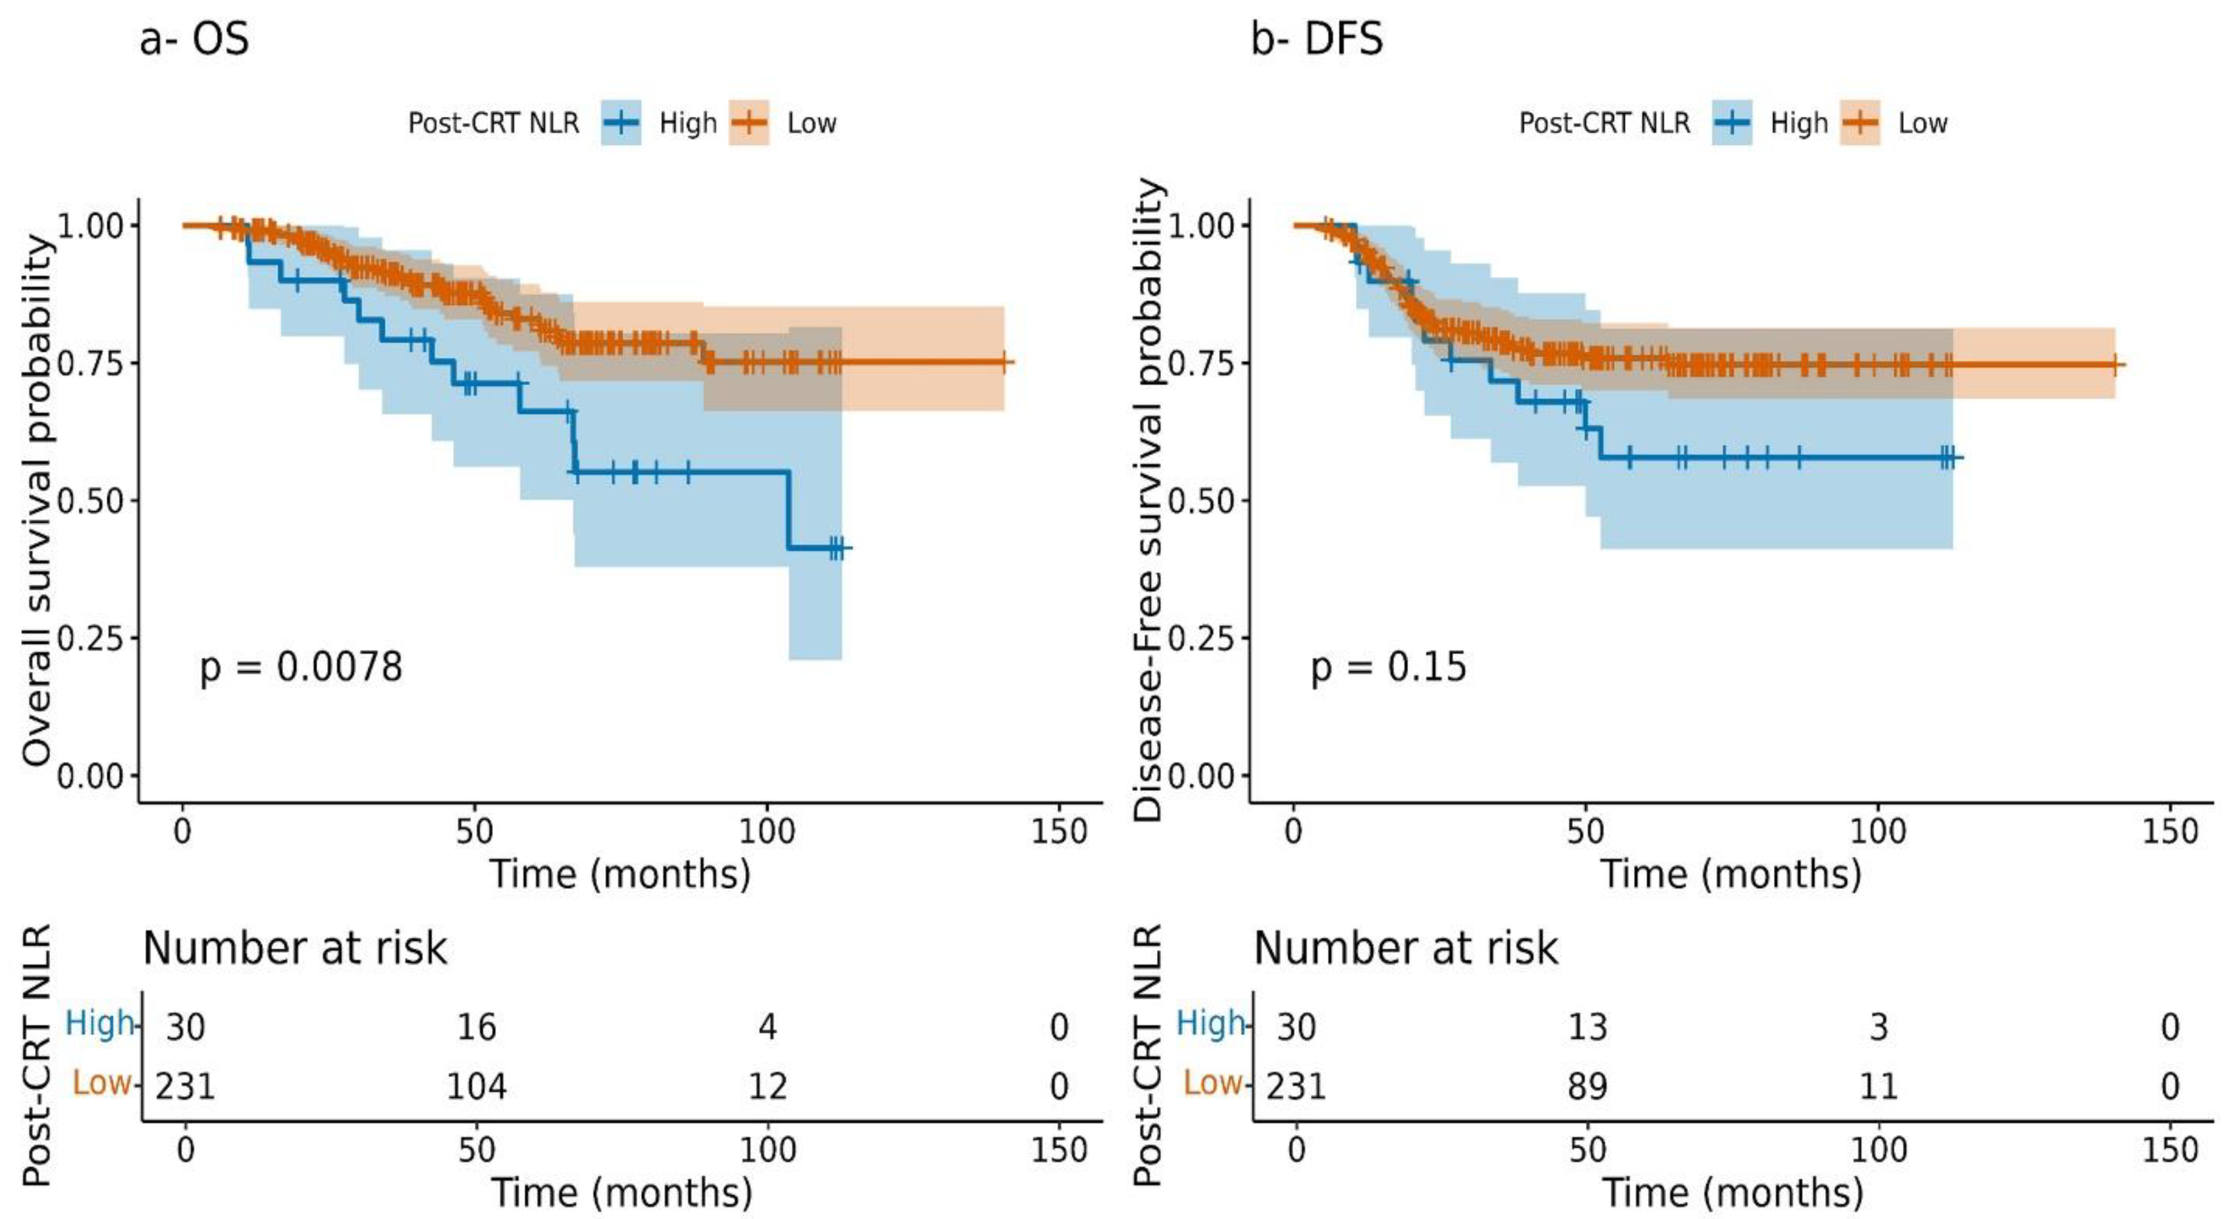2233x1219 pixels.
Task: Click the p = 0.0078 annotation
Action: tap(301, 667)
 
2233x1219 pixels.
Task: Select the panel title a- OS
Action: tap(194, 39)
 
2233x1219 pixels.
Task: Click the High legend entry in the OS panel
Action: tap(686, 123)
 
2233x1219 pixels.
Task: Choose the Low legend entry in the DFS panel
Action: tap(1922, 123)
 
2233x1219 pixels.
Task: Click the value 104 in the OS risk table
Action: tap(476, 1086)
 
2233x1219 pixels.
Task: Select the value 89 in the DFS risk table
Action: tap(1587, 1086)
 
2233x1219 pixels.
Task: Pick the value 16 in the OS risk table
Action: tap(476, 1028)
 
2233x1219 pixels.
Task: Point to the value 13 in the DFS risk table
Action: tap(1587, 1028)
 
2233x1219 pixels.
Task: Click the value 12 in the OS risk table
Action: tap(767, 1086)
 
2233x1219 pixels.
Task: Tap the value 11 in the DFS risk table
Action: tap(1879, 1086)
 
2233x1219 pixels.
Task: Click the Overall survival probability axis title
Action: tap(36, 500)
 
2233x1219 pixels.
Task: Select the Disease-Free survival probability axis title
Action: tap(1148, 500)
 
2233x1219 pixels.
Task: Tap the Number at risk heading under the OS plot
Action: tap(295, 948)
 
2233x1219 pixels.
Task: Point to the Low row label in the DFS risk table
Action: tap(1212, 1082)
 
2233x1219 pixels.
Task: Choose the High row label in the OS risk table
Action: tap(100, 1024)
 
